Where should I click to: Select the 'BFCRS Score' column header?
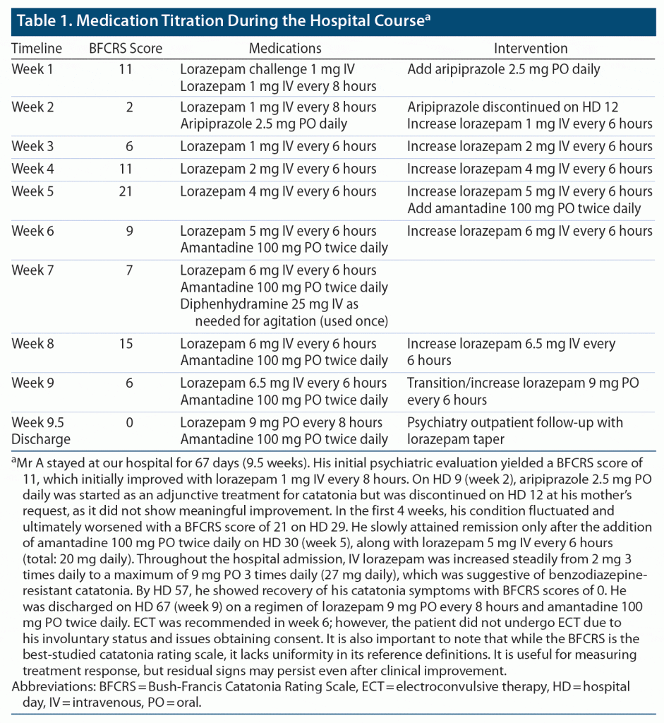point(126,49)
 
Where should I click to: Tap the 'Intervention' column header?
point(530,49)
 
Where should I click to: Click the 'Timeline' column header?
point(37,49)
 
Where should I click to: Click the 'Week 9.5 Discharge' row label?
point(41,431)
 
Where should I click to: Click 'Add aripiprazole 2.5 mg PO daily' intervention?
point(504,70)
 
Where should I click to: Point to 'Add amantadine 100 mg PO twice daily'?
point(524,208)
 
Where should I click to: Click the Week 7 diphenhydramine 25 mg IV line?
point(278,304)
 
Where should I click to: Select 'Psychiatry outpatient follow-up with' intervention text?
point(515,423)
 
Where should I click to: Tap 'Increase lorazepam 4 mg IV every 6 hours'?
point(529,169)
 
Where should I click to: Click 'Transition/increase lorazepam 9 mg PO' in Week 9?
point(523,383)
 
